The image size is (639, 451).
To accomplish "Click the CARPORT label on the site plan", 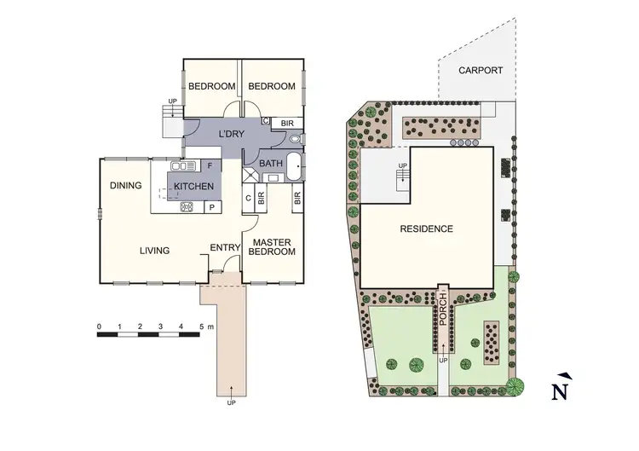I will point(481,71).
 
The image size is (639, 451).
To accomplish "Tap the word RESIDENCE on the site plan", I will point(427,228).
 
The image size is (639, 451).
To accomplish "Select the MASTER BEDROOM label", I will point(273,246).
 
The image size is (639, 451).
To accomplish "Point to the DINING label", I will point(126,184).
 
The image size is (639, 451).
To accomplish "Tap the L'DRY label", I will point(233,135).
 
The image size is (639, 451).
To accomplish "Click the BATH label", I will point(272,163).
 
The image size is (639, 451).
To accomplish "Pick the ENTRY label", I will point(225,248).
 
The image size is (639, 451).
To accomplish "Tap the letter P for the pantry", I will point(210,206).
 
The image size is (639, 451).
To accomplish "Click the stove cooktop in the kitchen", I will point(185,206).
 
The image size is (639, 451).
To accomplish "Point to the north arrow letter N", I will point(560,390).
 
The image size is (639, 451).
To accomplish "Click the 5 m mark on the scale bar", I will point(201,327).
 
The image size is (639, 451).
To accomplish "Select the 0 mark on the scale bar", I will point(100,327).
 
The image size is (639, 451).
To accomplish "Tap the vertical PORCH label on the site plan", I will point(443,311).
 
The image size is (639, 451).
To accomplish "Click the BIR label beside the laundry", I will point(287,124).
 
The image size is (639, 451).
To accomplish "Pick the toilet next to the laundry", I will point(295,138).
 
